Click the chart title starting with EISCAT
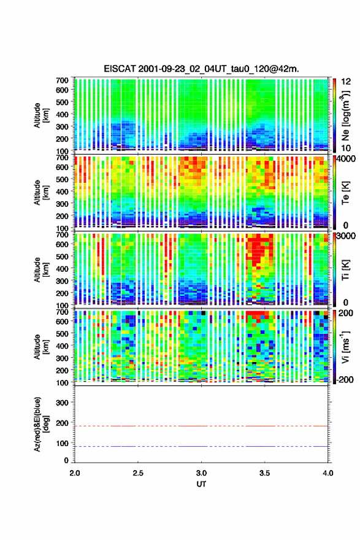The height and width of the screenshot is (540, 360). [x=201, y=69]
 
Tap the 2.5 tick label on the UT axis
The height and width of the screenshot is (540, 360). [x=138, y=473]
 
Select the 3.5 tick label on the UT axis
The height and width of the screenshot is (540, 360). [x=265, y=473]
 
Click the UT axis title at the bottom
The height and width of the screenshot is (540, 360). [x=201, y=484]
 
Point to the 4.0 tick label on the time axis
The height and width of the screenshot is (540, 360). [x=328, y=473]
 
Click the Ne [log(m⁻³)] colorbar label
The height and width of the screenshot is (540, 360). [x=346, y=116]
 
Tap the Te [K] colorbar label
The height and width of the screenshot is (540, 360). [x=345, y=193]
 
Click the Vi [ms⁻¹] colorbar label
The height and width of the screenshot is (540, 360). [x=345, y=347]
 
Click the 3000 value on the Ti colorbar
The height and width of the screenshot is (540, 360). [x=346, y=236]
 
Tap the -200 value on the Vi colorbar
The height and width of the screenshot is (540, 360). [x=345, y=379]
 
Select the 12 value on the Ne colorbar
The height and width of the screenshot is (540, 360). [x=346, y=82]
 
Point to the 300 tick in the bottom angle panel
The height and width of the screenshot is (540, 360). [x=62, y=403]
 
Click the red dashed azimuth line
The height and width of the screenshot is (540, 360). [x=201, y=426]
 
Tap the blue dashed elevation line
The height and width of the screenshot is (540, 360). [x=201, y=446]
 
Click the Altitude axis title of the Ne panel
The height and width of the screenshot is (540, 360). [x=41, y=115]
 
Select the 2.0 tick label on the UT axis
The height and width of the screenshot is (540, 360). [x=75, y=473]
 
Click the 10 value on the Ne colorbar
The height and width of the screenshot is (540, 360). [x=346, y=148]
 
